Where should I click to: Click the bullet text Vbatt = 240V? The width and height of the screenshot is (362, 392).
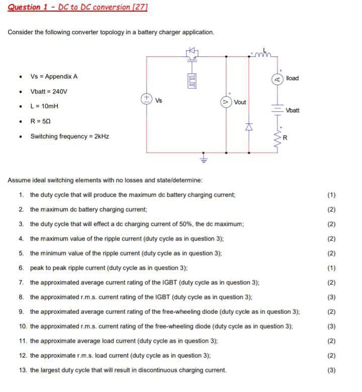(49, 92)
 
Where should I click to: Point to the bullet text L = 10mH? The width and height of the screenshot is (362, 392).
(44, 106)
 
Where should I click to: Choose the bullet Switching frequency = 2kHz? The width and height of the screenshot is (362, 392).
(69, 136)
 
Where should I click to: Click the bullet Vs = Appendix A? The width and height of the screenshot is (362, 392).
(54, 76)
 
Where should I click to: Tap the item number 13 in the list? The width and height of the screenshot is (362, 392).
(23, 370)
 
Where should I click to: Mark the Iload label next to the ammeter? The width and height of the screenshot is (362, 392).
(292, 78)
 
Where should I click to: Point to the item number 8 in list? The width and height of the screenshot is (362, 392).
(22, 297)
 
